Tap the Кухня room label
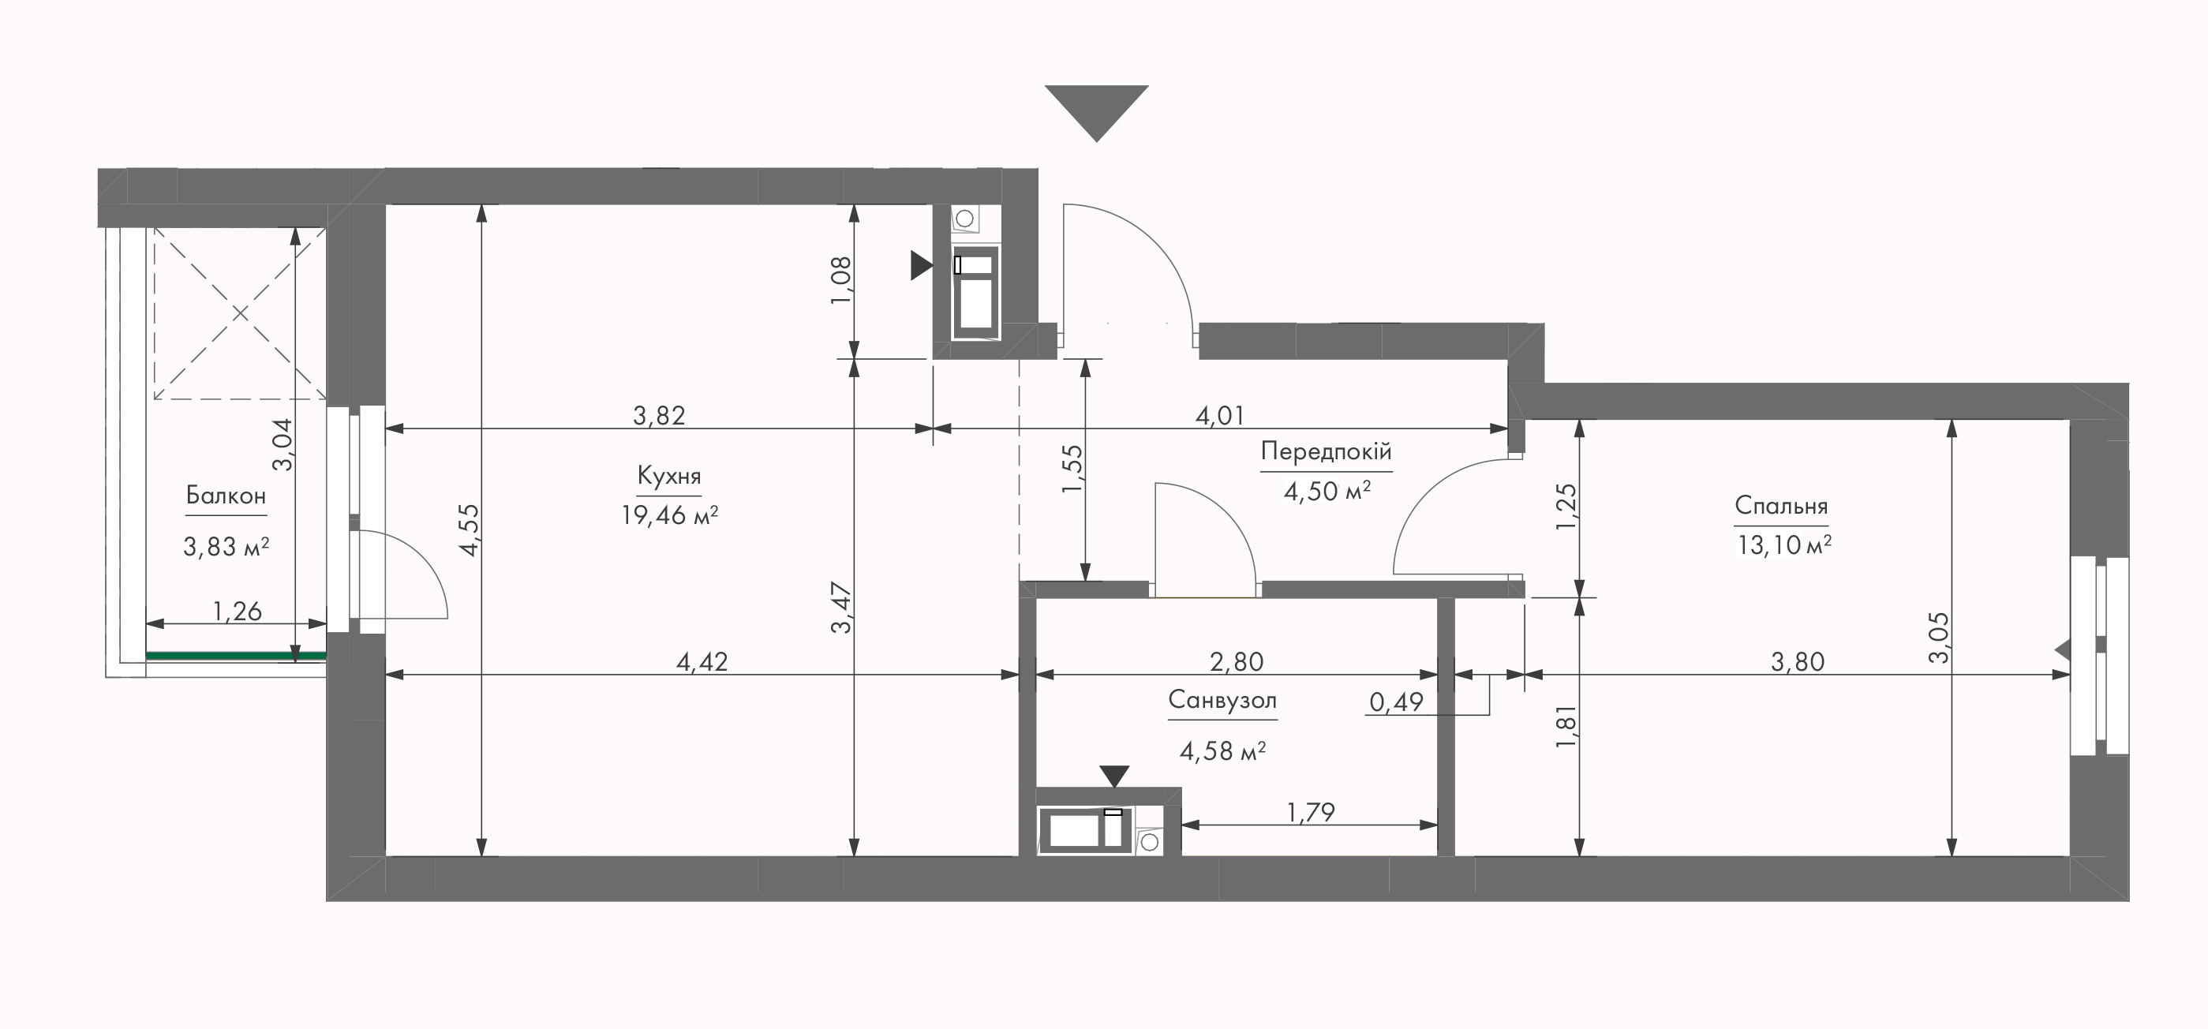(669, 477)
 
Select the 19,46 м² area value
(669, 515)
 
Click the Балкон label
(226, 496)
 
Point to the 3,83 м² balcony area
(226, 546)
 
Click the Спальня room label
(1781, 506)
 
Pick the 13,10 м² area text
(1783, 545)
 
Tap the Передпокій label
(1326, 451)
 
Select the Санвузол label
(1222, 701)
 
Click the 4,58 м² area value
(1223, 751)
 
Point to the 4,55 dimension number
(470, 529)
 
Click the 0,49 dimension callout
(1396, 702)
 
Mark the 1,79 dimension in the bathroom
(1311, 811)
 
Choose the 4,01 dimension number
(1220, 416)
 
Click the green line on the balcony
(236, 656)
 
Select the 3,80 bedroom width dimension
(1798, 662)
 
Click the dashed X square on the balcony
(240, 313)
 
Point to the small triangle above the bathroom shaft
(1114, 776)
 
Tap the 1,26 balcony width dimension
(238, 611)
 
